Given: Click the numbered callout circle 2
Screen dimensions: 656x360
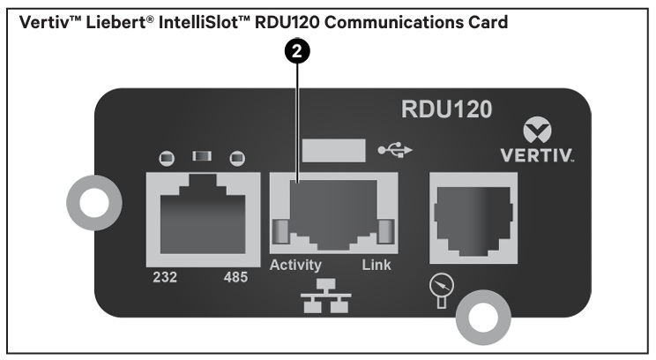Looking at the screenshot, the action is point(297,51).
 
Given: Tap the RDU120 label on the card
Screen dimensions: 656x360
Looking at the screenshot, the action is point(446,109).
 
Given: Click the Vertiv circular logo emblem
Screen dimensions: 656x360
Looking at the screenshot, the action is point(537,131).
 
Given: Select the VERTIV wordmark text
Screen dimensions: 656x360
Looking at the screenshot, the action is point(537,155).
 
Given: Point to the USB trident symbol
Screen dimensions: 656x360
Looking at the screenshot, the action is point(395,150).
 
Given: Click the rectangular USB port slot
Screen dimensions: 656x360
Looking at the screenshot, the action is point(333,150).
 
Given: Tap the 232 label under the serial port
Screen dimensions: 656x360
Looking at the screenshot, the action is point(165,277).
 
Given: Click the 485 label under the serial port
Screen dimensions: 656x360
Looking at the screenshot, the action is point(235,277).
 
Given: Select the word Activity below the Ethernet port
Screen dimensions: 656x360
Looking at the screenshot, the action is point(295,265).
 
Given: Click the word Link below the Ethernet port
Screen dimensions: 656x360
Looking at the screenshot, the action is point(376,265).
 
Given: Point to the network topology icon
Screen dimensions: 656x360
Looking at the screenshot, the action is point(326,296).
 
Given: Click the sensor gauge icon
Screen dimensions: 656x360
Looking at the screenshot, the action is point(442,291).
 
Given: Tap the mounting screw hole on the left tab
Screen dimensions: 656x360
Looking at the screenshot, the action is point(94,203).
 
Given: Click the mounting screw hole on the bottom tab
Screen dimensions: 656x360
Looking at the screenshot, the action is point(483,317).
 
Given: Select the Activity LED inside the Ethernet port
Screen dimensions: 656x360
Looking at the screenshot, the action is point(280,231).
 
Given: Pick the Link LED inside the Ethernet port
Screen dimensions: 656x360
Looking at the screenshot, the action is point(386,231).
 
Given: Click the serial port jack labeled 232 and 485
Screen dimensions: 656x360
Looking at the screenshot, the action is point(203,220).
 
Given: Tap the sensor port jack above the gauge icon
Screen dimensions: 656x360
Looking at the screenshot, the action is point(473,218).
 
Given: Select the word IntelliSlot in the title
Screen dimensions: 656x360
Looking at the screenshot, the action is point(205,22).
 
